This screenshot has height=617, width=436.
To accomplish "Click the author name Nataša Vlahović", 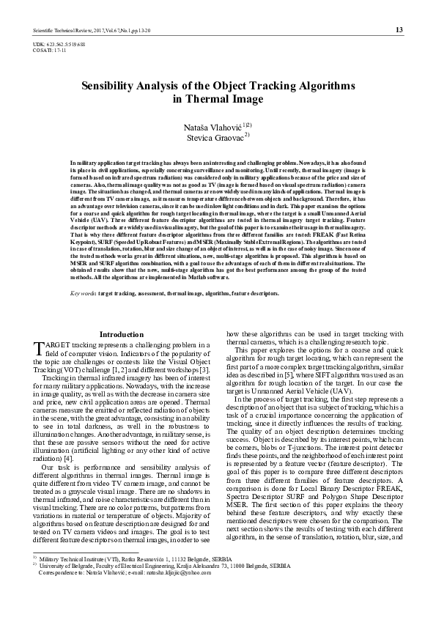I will pos(212,128).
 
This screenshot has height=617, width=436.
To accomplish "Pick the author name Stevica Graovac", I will pos(212,136).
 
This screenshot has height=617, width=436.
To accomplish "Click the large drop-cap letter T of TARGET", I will pos(40,347).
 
